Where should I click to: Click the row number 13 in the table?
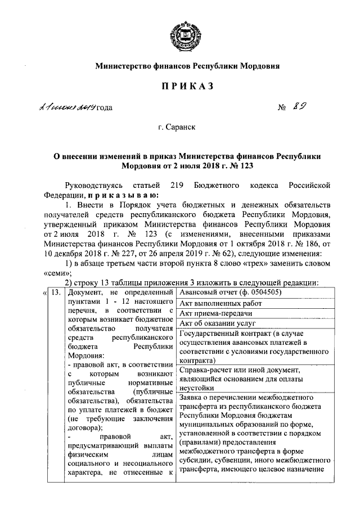[x=55, y=292]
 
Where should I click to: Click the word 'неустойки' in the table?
[x=196, y=388]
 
